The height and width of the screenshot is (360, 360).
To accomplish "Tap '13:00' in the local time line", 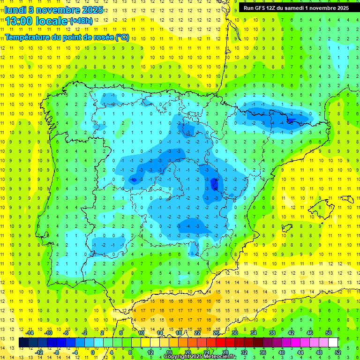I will tap(22, 21).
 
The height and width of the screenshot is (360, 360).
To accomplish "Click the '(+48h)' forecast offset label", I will tap(81, 21).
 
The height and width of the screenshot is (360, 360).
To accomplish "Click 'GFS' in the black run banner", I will tap(261, 7).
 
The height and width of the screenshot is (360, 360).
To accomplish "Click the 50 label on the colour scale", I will tap(328, 333).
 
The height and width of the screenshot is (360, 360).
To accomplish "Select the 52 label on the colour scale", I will tap(337, 352).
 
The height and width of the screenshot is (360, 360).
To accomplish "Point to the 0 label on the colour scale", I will tap(93, 352).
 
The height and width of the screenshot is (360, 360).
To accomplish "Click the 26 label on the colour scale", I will tap(216, 333).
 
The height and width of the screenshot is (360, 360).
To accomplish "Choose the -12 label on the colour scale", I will tap(39, 352).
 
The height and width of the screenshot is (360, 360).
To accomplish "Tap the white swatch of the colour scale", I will tap(333, 343).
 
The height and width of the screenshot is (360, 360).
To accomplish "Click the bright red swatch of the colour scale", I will tap(221, 343).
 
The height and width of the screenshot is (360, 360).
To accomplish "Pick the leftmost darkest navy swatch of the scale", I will tap(24, 343).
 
